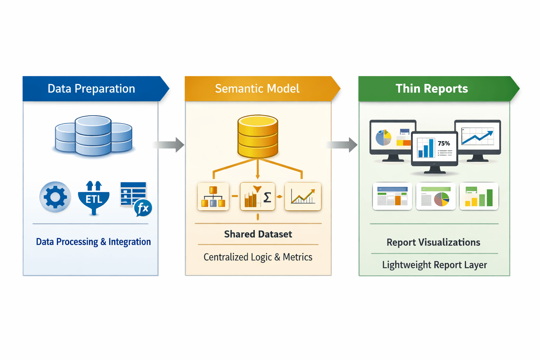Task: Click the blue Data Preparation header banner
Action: (91, 89)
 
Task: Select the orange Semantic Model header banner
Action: (257, 89)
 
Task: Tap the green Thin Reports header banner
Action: (432, 89)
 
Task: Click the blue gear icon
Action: (55, 197)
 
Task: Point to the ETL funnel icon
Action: (94, 198)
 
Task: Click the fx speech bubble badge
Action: (143, 208)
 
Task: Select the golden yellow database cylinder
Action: (258, 136)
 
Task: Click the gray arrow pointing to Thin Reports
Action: (342, 144)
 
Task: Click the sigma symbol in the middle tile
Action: (267, 198)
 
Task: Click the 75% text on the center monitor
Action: (444, 143)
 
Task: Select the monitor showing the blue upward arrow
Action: (477, 139)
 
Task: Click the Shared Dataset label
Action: (258, 234)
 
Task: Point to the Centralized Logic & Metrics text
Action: (258, 257)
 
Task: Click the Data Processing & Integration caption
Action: (94, 242)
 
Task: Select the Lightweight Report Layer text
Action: (435, 265)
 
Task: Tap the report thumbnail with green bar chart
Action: (479, 197)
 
